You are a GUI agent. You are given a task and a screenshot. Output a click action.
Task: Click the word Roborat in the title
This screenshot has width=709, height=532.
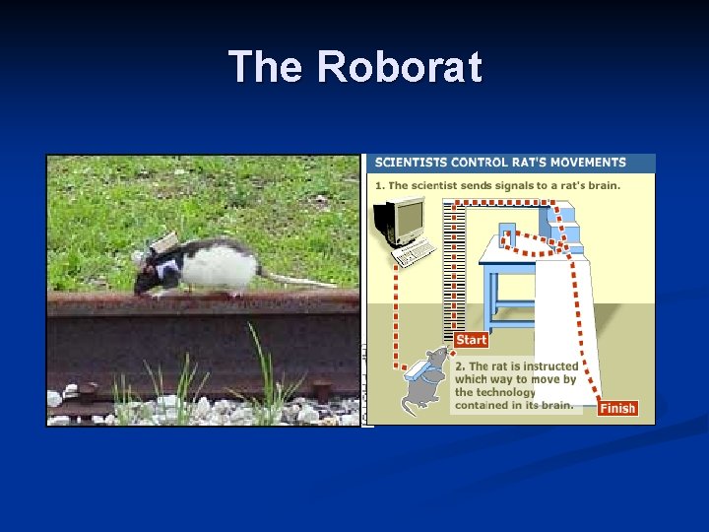pos(399,68)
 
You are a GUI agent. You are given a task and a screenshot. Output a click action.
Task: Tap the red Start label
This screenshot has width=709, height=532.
pos(471,340)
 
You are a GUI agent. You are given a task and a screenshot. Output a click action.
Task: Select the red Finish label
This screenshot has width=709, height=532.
pos(616,408)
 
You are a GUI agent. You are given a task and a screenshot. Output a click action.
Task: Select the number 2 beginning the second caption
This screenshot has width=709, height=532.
pos(459,366)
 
